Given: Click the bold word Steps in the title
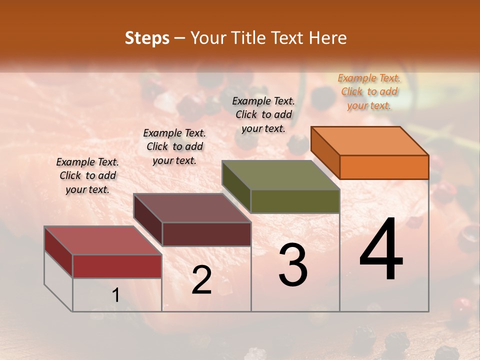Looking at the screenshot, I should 147,38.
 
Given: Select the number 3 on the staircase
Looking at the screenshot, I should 293,265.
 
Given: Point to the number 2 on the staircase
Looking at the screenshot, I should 201,280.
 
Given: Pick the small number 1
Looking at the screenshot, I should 116,295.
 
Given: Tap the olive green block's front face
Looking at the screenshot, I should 295,201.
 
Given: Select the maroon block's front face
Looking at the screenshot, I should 206,234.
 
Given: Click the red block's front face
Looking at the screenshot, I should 117,266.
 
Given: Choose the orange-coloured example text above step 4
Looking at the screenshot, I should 369,91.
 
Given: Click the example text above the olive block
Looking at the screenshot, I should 263,114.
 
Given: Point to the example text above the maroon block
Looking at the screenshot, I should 174,146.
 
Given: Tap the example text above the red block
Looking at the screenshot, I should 87,175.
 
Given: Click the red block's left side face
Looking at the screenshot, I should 58,251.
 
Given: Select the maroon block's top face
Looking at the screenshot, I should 192,208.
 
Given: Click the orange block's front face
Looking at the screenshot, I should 384,167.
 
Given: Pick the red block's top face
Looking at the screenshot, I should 103,240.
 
